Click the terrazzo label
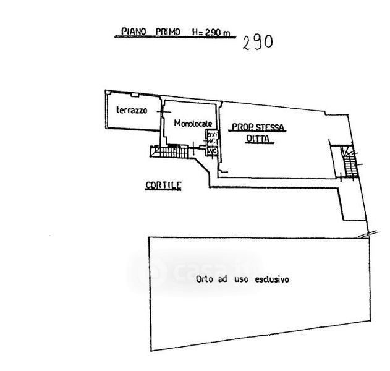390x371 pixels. point(131,110)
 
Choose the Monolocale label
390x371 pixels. point(193,122)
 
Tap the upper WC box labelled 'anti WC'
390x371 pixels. point(212,138)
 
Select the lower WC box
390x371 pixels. point(212,150)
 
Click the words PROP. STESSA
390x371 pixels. point(258,128)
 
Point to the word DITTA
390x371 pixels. point(259,139)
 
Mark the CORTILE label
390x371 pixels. point(163,184)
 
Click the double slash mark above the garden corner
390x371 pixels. point(368,232)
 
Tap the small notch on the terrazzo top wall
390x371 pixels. point(132,93)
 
